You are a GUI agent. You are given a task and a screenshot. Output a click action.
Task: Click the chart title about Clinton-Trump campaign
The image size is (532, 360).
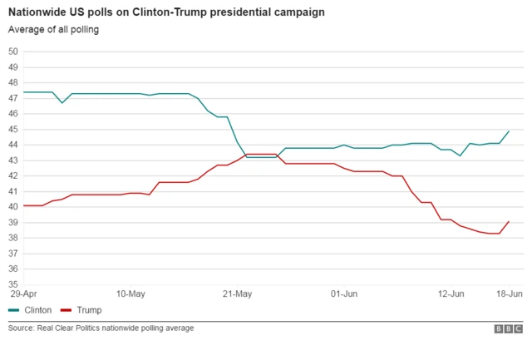click(x=166, y=13)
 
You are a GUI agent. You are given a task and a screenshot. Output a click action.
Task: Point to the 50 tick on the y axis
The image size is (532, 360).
click(x=13, y=52)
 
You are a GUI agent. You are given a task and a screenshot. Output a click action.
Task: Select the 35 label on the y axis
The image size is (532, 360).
click(x=13, y=284)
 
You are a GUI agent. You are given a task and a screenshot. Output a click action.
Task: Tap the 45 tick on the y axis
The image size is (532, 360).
click(x=13, y=129)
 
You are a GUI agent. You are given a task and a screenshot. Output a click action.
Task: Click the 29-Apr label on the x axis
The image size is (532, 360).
click(x=22, y=293)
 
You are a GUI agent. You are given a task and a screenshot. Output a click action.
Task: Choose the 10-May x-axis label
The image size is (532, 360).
click(x=131, y=293)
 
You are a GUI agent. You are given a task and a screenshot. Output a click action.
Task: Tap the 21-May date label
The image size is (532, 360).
click(x=238, y=293)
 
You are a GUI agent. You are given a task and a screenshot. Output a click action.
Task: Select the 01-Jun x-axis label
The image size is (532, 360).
click(x=344, y=293)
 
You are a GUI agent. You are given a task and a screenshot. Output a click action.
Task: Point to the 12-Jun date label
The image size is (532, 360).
click(x=451, y=293)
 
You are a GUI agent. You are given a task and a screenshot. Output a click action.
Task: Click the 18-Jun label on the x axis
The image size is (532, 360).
click(x=509, y=293)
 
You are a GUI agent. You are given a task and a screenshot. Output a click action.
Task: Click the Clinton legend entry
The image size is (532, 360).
click(x=30, y=310)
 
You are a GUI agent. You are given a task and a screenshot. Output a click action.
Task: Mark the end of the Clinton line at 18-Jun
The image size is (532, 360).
click(x=509, y=131)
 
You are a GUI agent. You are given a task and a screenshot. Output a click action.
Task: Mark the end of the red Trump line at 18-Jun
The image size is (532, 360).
click(x=509, y=221)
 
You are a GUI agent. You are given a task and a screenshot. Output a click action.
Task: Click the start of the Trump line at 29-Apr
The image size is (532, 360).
click(x=23, y=205)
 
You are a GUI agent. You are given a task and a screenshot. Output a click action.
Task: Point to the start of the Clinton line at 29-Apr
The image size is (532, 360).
click(x=23, y=92)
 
